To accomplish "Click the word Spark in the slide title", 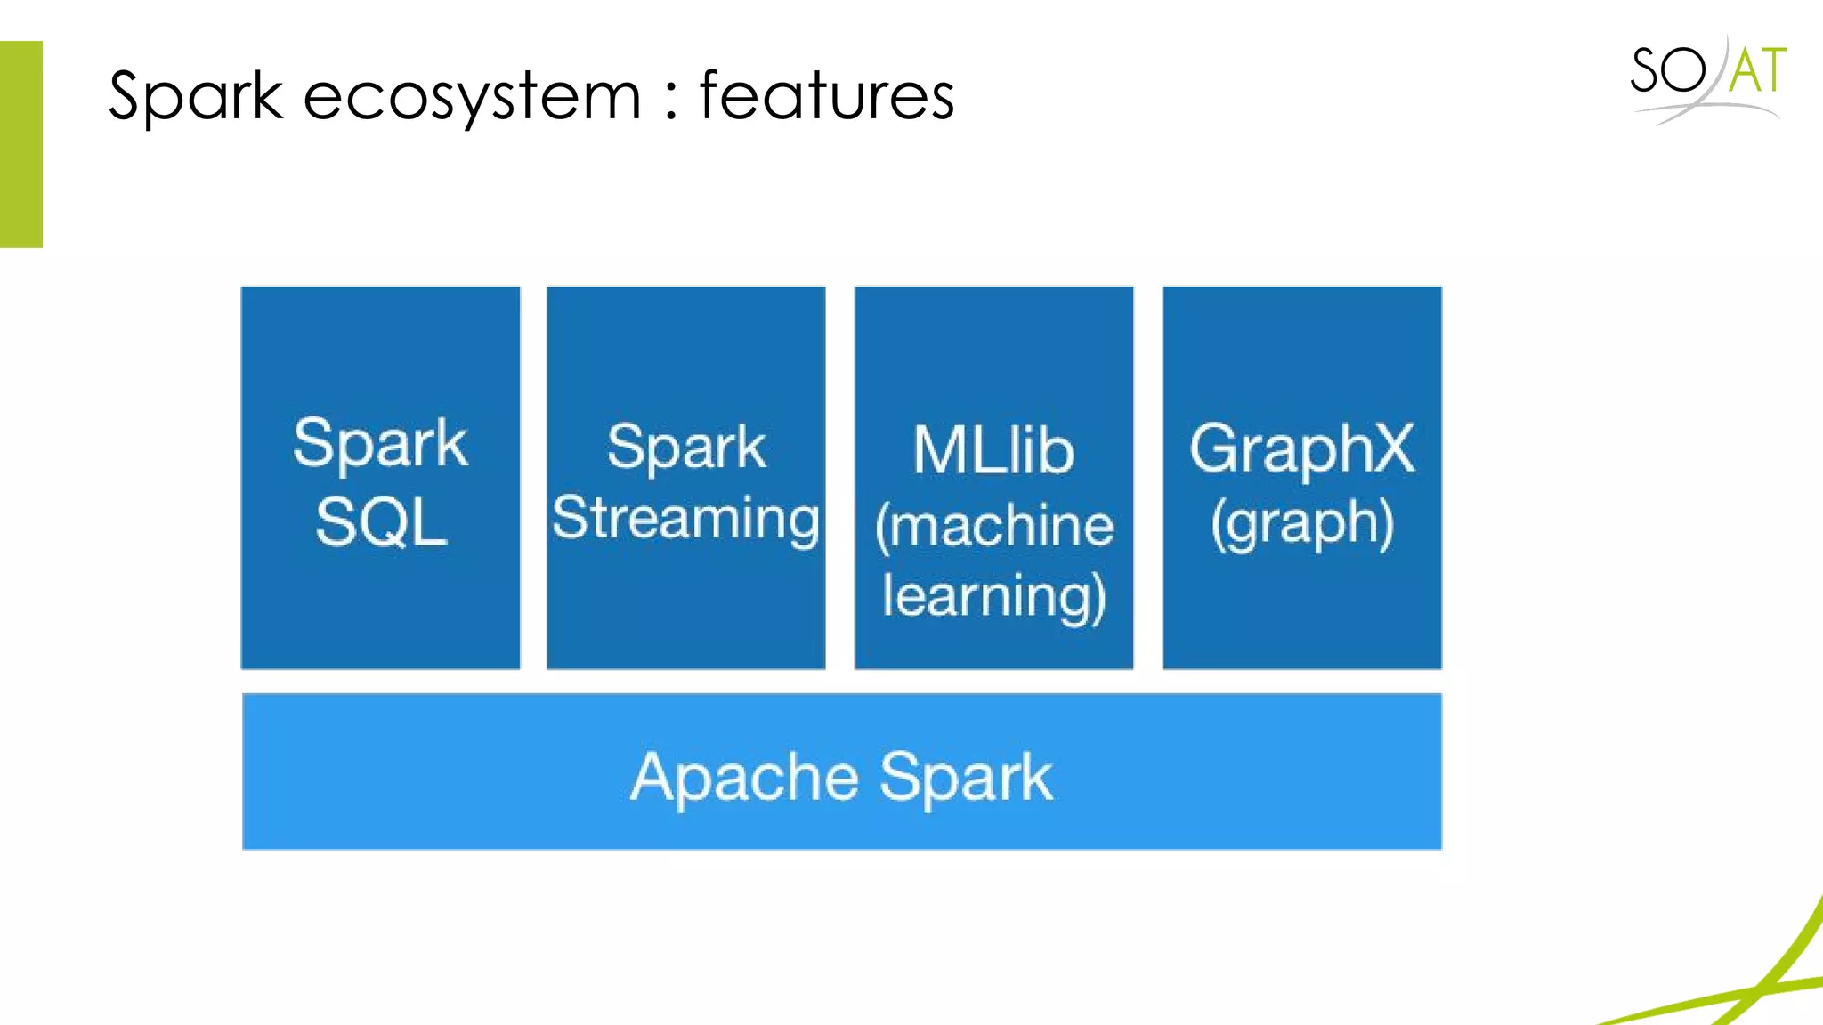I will coord(195,96).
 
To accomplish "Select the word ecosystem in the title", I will coord(472,96).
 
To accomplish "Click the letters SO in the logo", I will coord(1667,71).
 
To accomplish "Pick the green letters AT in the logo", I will coord(1757,71).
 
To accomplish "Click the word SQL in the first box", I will coord(381,521).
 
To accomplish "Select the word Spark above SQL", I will coord(380,443).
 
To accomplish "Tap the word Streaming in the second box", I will coord(685,519).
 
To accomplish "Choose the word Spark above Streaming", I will coord(685,447).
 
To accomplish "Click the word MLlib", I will coord(993,450).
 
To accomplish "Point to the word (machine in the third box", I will coord(993,525).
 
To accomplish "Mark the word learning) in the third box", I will coord(993,596).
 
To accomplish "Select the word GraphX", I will coord(1301,448).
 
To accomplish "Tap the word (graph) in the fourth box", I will coord(1301,523).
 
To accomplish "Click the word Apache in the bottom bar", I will coord(744,777).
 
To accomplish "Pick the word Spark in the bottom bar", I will coord(967,777).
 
